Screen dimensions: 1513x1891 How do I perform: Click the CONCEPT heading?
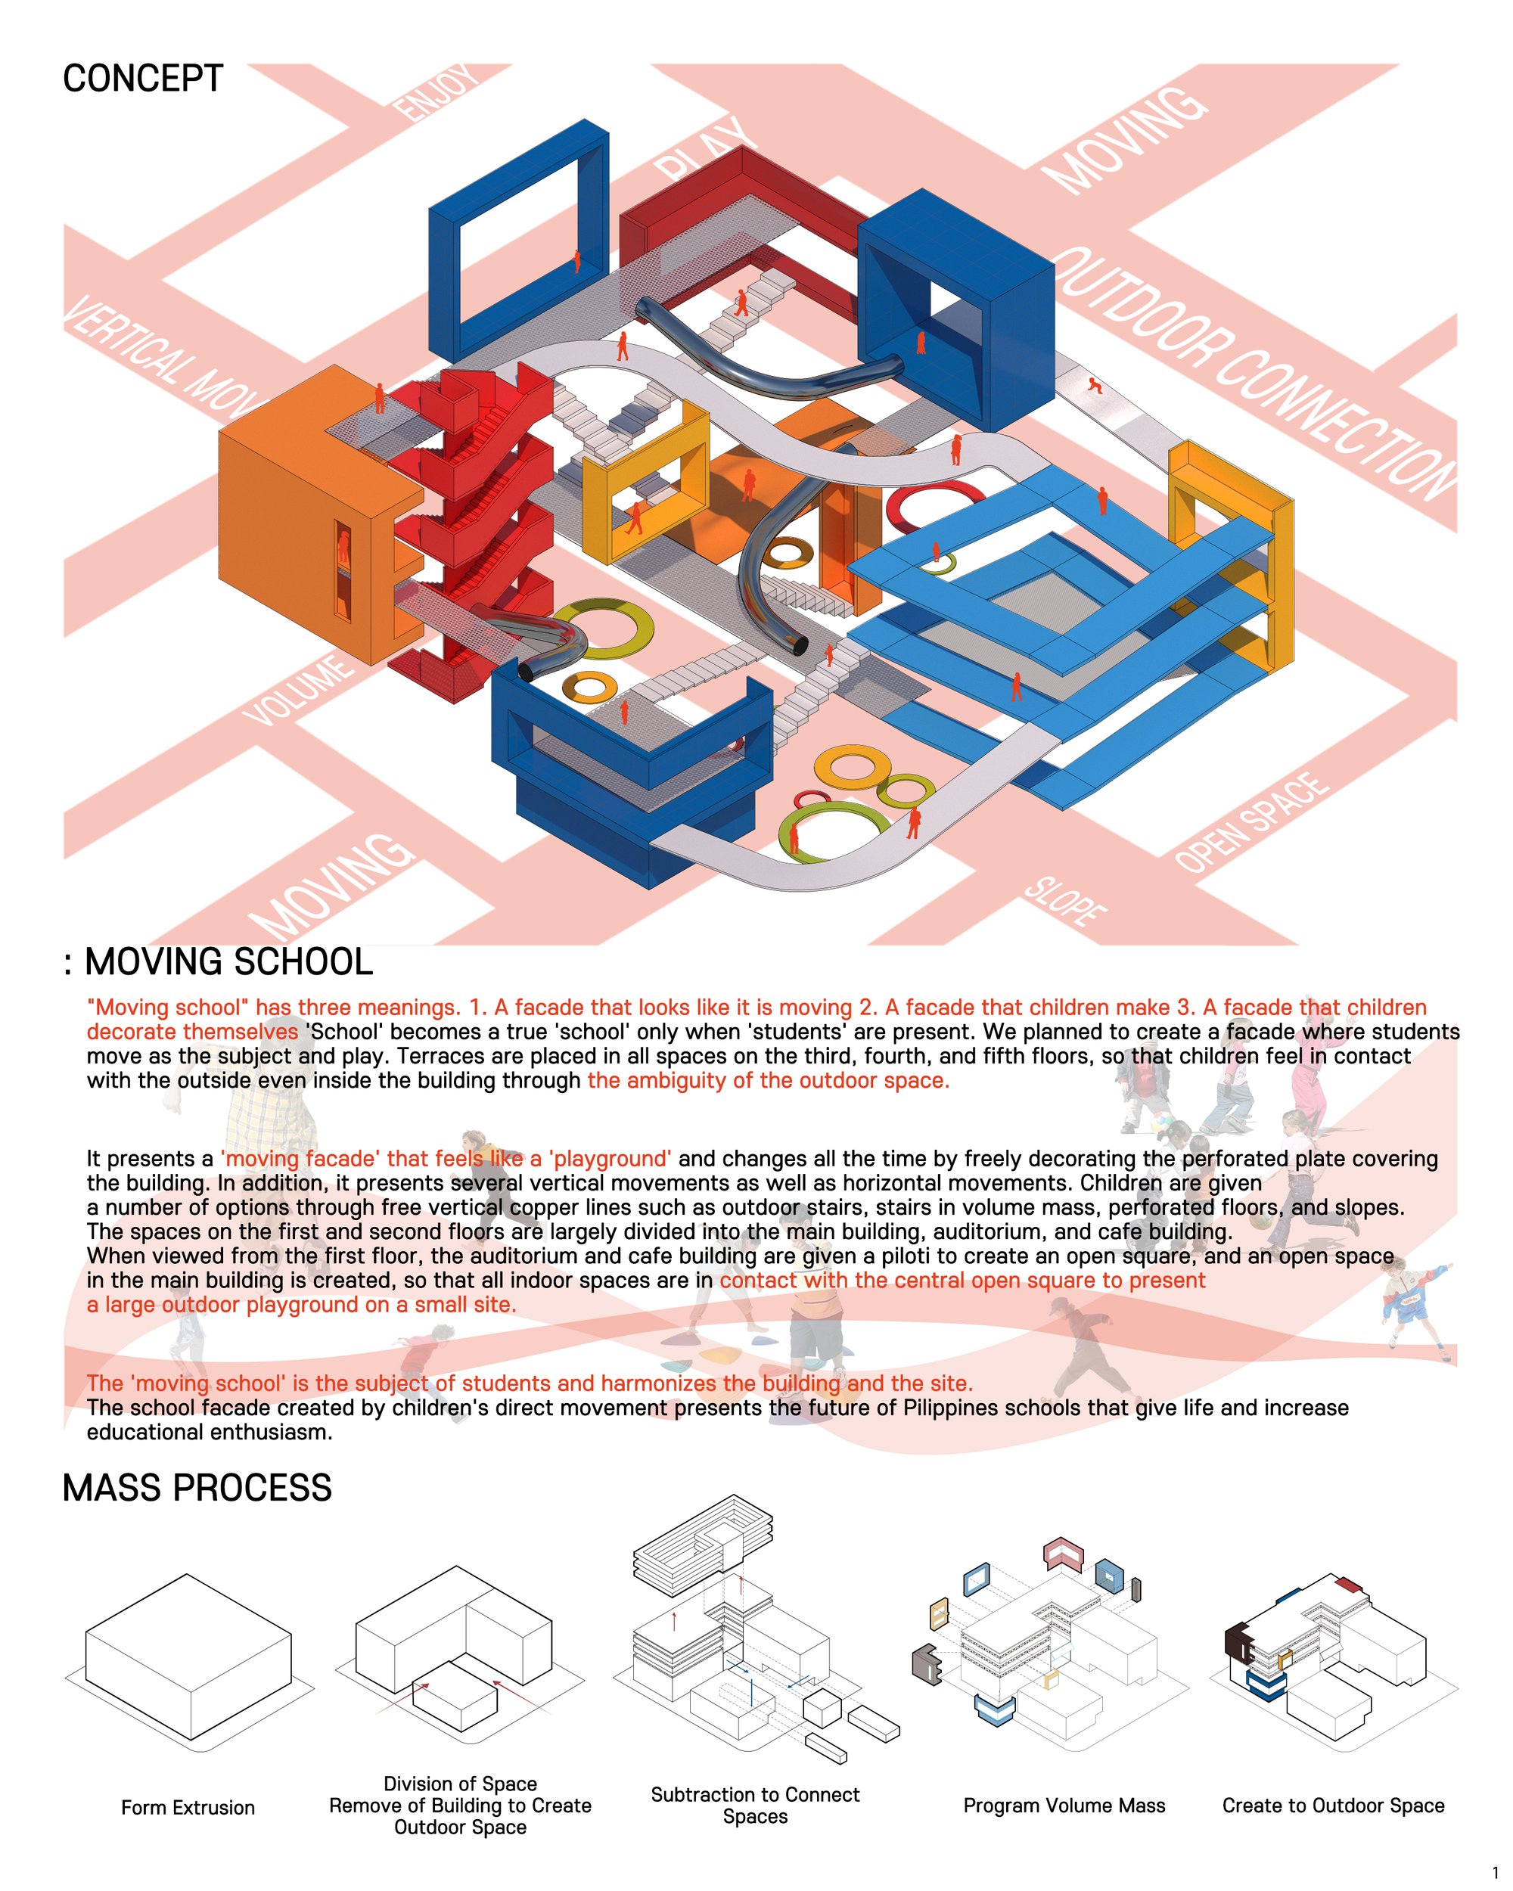coord(143,79)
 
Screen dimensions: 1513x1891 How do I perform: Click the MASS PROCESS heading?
coord(197,1488)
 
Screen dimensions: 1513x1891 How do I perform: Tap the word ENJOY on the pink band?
coord(436,92)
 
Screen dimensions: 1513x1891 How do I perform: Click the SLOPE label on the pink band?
coord(1064,901)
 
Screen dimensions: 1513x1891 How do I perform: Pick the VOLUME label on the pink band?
coord(298,691)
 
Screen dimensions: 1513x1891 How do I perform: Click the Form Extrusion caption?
coord(188,1807)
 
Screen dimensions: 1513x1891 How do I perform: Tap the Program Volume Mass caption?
coord(1064,1805)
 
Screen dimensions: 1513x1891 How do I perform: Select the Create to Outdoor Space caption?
coord(1333,1805)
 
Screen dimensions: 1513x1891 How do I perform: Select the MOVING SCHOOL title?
coord(228,962)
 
